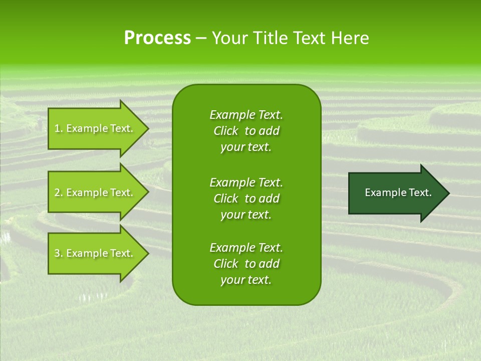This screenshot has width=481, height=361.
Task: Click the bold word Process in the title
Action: click(x=157, y=38)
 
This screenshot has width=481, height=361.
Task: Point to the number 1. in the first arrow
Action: click(x=59, y=128)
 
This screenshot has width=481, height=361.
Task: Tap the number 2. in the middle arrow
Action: click(x=59, y=193)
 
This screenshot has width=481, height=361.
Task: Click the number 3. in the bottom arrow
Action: click(x=59, y=253)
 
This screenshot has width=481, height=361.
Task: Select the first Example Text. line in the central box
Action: click(x=246, y=115)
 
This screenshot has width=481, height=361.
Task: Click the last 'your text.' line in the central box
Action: click(x=246, y=280)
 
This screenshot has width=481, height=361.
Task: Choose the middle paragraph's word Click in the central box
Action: click(x=226, y=199)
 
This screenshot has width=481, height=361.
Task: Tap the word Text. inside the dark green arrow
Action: click(x=420, y=193)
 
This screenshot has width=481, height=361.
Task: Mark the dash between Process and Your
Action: click(x=201, y=39)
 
